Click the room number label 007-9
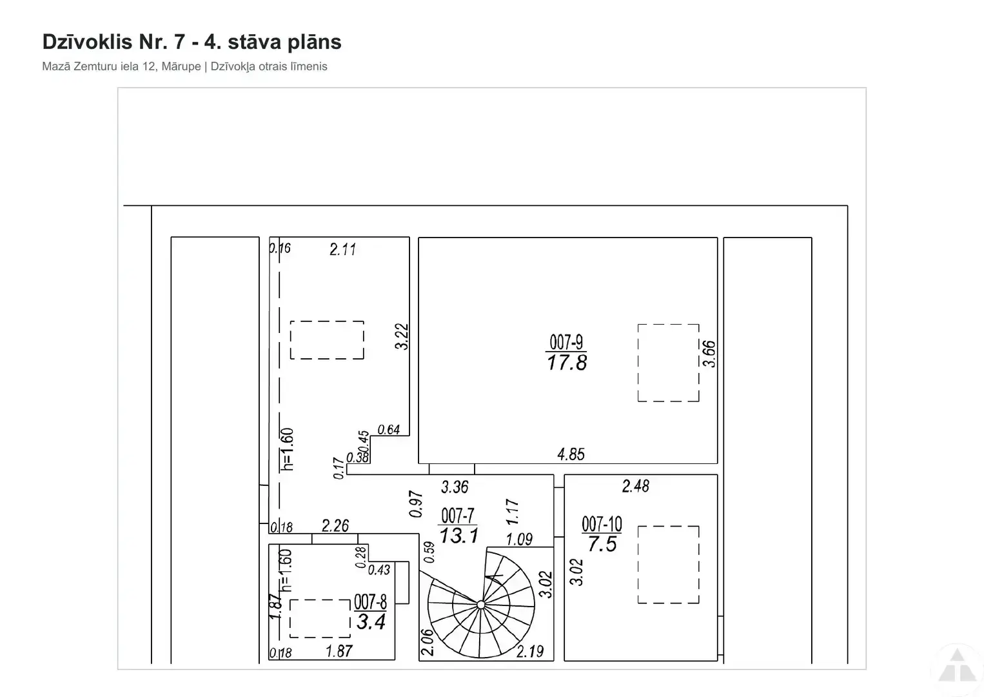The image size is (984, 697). pos(566,341)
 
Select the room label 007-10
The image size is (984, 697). pos(602,524)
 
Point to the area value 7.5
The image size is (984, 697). pos(602,545)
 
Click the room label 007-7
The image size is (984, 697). pos(458,516)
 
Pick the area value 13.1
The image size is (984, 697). pos(458,536)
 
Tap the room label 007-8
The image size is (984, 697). pos(370,601)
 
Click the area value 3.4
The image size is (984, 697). pos(371,621)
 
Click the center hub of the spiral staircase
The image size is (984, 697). pos(481,605)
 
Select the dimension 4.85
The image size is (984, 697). pos(571,454)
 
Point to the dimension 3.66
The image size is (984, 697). pos(709,354)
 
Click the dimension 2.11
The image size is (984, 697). pos(342,249)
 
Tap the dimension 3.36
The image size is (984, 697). pos(455,487)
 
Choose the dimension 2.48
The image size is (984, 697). pos(636,486)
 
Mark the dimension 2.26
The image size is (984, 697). pos(335,525)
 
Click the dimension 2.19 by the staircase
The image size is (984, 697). pos(530,651)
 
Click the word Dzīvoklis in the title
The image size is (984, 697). pos(87,42)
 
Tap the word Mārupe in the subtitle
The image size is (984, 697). pos(181,66)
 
